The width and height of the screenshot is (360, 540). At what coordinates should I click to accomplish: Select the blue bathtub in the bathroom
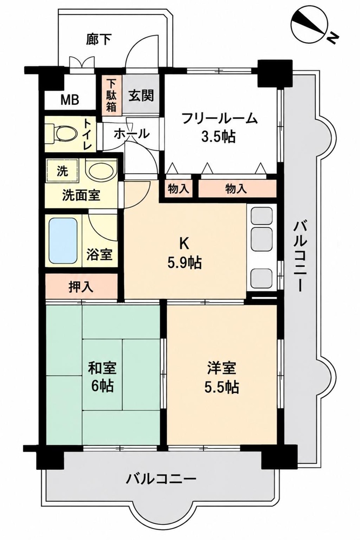[x=63, y=240]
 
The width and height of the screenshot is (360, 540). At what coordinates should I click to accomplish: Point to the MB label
[x=70, y=100]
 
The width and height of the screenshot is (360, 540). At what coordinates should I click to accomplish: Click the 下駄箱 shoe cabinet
[x=111, y=95]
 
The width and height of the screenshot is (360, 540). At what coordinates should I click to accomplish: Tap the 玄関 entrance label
[x=141, y=95]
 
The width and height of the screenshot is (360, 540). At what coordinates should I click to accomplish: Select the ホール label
[x=131, y=133]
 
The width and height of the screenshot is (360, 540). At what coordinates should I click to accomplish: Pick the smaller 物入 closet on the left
[x=178, y=188]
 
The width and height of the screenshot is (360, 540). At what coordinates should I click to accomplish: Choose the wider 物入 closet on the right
[x=237, y=188]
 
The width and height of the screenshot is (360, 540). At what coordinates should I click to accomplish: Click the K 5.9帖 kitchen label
[x=184, y=253]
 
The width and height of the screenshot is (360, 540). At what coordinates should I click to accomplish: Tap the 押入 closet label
[x=81, y=287]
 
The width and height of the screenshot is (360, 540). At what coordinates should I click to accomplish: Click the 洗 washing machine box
[x=62, y=171]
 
